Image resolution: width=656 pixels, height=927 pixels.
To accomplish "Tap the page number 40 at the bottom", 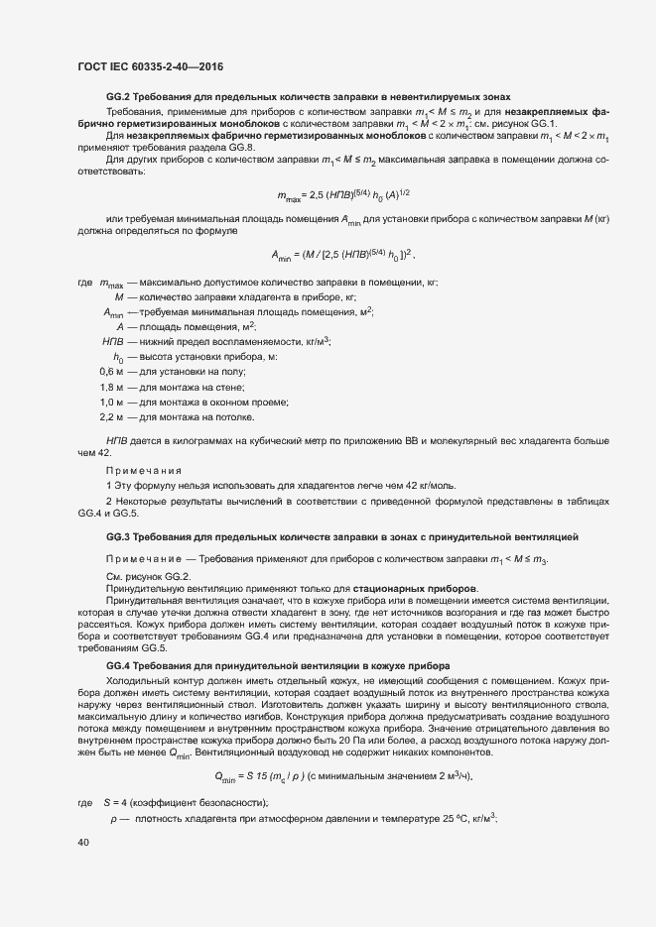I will pos(83,842).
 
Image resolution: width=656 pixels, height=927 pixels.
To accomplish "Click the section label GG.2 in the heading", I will pos(118,96).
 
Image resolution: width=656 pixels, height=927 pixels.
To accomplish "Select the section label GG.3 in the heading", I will pos(118,536).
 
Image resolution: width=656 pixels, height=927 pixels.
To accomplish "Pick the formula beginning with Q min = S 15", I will pos(337,749).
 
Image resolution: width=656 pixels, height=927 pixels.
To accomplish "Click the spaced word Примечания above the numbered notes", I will pos(144,470).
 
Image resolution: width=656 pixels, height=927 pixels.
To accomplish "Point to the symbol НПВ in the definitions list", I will pos(114,340).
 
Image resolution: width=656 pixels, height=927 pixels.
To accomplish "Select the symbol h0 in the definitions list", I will pos(117,356).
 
